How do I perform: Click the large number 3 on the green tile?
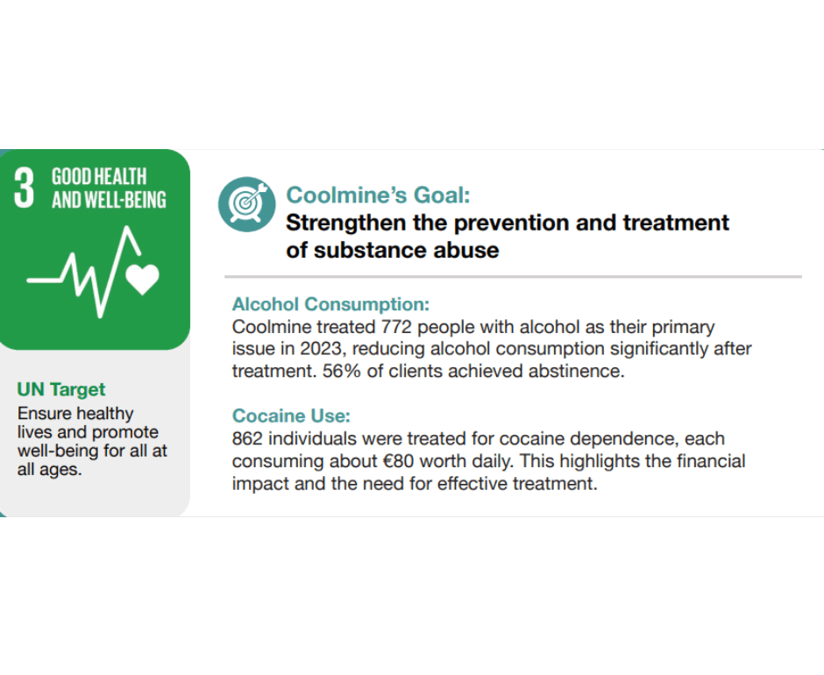[24, 188]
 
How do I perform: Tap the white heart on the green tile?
[142, 278]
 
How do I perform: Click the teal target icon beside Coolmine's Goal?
[246, 204]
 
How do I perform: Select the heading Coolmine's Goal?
[378, 195]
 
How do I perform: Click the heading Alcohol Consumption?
[330, 304]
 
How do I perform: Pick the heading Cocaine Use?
[291, 416]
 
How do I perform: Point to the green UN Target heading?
[61, 389]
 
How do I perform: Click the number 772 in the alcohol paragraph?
[396, 327]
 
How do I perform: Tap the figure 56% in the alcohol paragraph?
[342, 371]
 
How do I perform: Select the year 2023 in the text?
[321, 349]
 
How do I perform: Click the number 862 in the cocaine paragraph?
[247, 439]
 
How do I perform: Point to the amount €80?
[398, 462]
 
